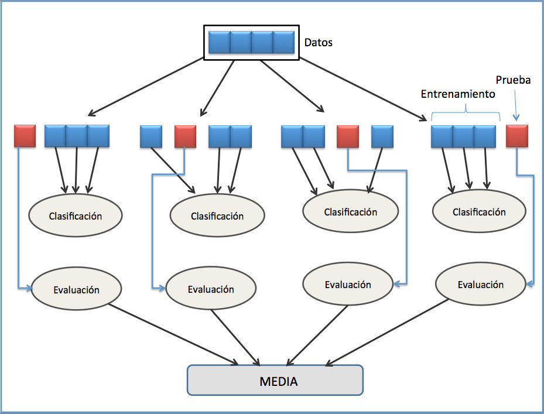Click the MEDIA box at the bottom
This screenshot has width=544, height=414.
275,381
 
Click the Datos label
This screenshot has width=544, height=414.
319,43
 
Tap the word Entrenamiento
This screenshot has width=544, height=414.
458,94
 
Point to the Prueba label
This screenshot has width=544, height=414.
513,80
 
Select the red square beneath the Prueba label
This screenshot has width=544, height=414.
518,136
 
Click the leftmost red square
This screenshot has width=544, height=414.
25,136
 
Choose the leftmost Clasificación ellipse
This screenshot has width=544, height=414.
76,216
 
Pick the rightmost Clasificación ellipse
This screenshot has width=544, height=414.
479,212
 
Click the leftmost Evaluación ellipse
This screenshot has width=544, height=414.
76,290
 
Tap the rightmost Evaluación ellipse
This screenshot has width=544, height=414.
480,285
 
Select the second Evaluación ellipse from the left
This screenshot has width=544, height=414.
211,289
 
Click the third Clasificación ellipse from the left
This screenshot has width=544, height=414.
350,212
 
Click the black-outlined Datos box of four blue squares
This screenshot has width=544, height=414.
251,42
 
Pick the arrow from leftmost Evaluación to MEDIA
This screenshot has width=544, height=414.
176,334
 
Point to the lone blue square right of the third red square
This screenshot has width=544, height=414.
382,136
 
